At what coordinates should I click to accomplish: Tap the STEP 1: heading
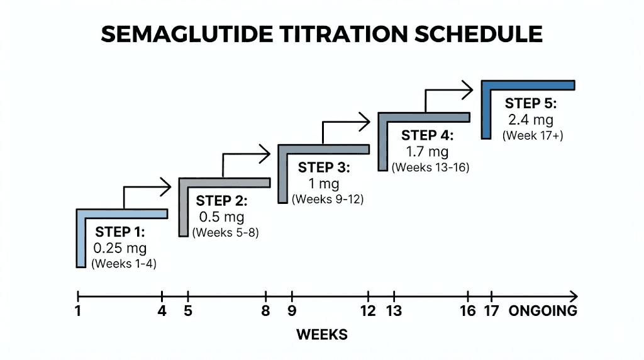coord(120,231)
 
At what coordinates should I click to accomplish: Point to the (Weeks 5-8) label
coord(225,232)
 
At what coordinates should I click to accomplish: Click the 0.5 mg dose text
coord(221,217)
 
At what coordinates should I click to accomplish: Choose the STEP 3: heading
coord(324,167)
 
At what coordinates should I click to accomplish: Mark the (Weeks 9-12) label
coord(327,199)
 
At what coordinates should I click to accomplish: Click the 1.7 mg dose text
coord(427,152)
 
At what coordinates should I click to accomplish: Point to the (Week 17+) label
coord(530,135)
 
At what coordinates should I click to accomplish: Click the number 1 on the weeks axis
coord(77,312)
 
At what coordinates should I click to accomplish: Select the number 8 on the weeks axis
coord(266,312)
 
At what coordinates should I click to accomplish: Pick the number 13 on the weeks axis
coord(394,312)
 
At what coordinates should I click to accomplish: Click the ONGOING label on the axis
coord(543,312)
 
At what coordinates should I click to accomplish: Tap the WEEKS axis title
coord(322,334)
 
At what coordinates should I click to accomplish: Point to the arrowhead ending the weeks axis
coord(573,295)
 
